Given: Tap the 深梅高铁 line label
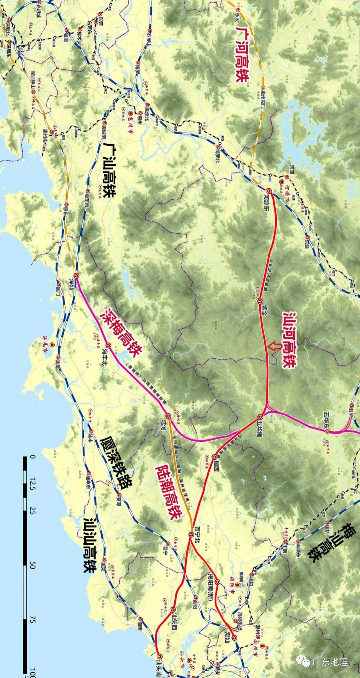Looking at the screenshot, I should coord(123,331).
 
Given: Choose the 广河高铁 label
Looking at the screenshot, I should coord(242,53).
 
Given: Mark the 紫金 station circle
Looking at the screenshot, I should coord(260,302).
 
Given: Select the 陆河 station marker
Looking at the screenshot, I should coord(168,416).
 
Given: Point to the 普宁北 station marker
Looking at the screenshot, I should coord(191,534).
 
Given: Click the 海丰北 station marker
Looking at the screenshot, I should coord(108,345).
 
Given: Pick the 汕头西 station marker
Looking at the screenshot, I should coord(173,610).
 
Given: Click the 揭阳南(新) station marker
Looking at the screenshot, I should coord(217,582).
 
